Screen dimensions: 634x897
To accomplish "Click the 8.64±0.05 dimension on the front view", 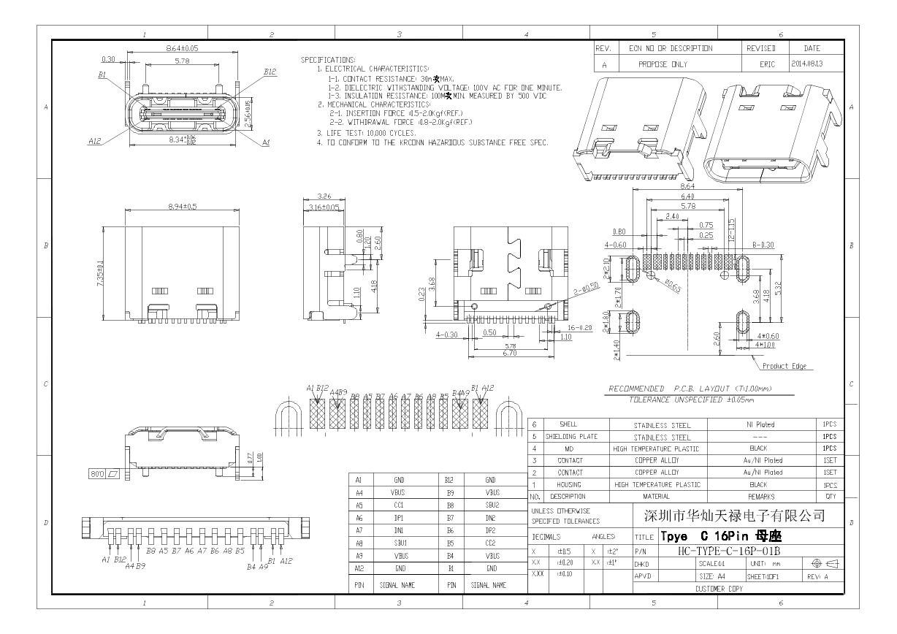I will [182, 47].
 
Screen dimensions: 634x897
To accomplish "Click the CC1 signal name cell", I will [399, 505].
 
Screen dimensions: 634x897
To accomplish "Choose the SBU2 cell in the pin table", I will [492, 505].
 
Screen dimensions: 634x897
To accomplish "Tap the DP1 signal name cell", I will [399, 518].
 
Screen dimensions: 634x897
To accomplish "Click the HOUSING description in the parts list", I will [569, 484].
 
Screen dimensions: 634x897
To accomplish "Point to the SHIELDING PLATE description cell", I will [569, 437].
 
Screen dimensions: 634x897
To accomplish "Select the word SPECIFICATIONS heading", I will [328, 59].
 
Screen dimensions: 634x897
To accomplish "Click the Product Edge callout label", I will [784, 366].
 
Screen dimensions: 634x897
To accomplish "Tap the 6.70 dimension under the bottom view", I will [510, 353].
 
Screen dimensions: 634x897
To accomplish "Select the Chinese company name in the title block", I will [734, 516].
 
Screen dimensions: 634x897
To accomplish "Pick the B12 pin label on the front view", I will [270, 72].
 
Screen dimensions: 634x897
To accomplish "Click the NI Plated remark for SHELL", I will [760, 424].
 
